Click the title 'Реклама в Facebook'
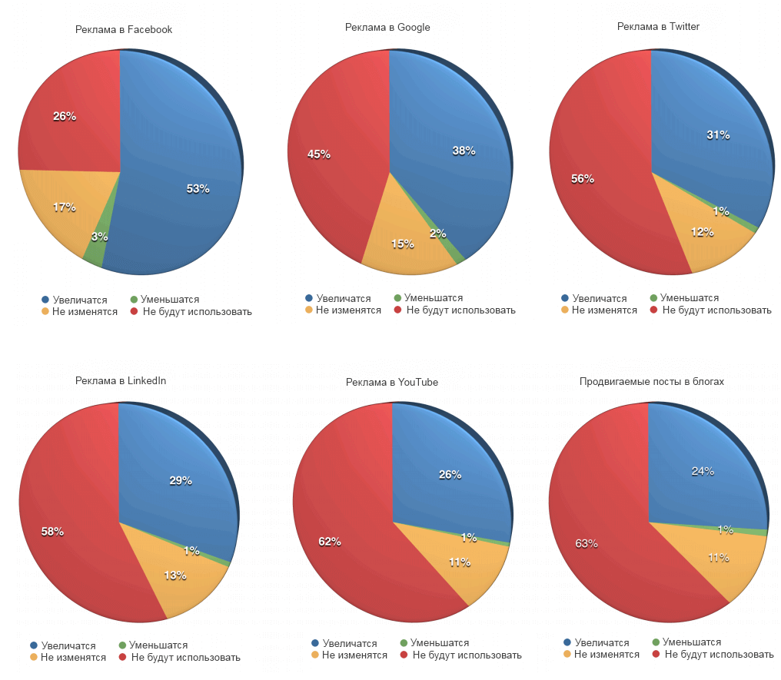(124, 30)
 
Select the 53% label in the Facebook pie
(198, 188)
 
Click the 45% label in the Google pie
(318, 154)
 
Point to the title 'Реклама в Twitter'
(658, 27)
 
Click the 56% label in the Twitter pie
(582, 178)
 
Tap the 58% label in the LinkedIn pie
(52, 531)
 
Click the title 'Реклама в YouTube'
(392, 382)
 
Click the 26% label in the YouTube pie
(450, 475)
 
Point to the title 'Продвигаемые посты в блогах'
(652, 381)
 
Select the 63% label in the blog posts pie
(587, 543)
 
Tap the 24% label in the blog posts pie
(703, 471)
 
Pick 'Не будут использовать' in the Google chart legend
(460, 310)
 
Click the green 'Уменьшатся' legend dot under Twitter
(654, 297)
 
